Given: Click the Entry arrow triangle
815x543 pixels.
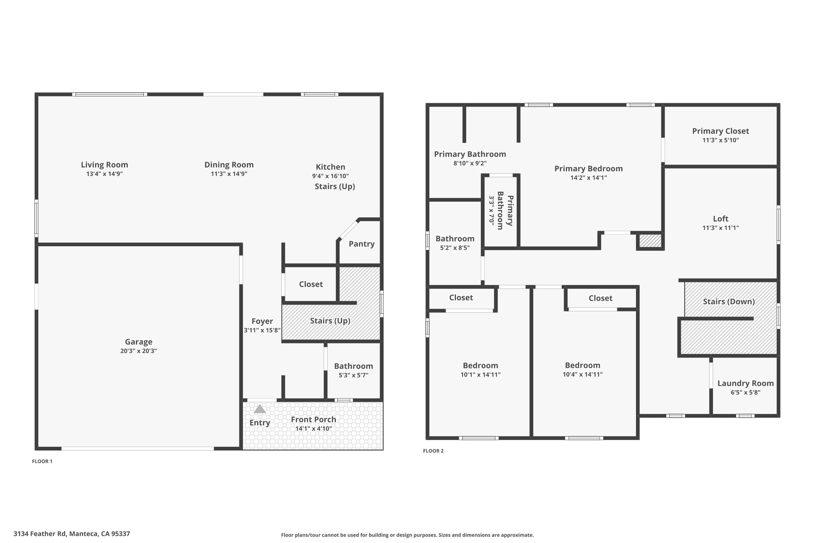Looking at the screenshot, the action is tap(260, 409).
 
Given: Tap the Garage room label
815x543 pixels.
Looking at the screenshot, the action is tap(138, 342).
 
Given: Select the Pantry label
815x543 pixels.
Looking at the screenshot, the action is tap(362, 244).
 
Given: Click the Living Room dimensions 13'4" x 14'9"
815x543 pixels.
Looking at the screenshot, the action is tap(105, 174).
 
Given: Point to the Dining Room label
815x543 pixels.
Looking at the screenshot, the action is tap(229, 165).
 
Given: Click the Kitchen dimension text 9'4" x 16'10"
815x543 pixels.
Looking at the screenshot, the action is tap(330, 176).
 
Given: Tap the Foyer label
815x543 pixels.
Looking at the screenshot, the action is tap(262, 321).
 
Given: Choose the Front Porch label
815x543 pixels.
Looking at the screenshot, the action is tap(314, 419).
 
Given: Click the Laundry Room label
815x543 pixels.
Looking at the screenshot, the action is tap(746, 383).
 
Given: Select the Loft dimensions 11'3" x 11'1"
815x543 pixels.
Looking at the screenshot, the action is tap(721, 228).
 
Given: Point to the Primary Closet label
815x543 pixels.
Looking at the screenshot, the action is tap(721, 131).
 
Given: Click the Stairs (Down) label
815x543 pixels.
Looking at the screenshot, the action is tap(729, 302).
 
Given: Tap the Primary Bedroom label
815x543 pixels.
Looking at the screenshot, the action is tap(589, 169).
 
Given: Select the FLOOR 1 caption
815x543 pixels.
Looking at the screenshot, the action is tap(42, 461).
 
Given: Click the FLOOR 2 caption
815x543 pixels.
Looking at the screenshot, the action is tap(433, 451).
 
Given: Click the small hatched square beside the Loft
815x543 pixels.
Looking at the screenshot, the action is tap(650, 241).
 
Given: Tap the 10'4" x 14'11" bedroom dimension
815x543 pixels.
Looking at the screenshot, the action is tap(583, 374).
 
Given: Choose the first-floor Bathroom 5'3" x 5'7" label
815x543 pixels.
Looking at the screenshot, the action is tap(353, 366).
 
